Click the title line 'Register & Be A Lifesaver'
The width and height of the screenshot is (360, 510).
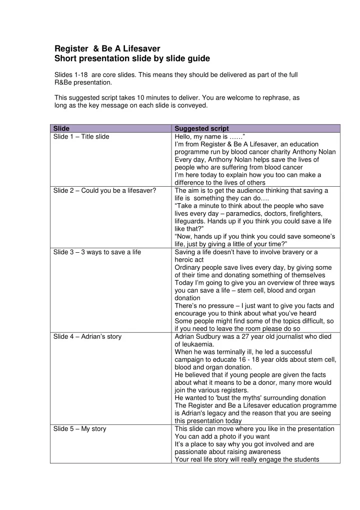click(107, 49)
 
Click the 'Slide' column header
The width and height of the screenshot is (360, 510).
click(61, 129)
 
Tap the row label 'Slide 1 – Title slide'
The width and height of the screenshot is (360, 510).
click(81, 137)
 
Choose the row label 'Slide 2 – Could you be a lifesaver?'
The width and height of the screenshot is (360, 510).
click(102, 191)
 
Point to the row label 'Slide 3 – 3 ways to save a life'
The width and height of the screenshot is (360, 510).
click(97, 252)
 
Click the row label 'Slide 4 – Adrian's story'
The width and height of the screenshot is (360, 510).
click(87, 336)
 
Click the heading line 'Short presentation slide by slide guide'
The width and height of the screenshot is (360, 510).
click(132, 59)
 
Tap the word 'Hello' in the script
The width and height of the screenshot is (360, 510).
click(183, 137)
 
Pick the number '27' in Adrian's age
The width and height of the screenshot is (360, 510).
click(240, 336)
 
